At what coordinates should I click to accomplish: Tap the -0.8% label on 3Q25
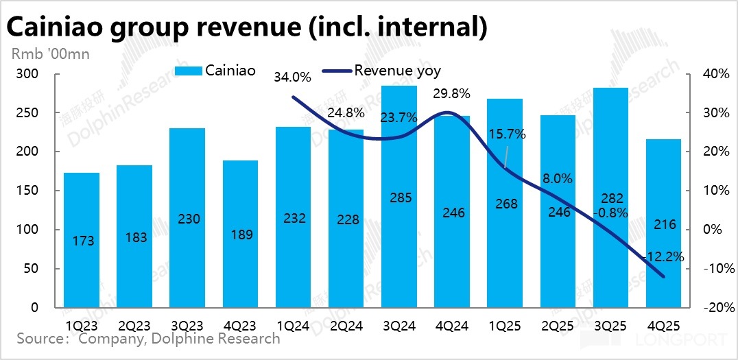(611, 213)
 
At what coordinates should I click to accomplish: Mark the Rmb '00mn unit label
(49, 53)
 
